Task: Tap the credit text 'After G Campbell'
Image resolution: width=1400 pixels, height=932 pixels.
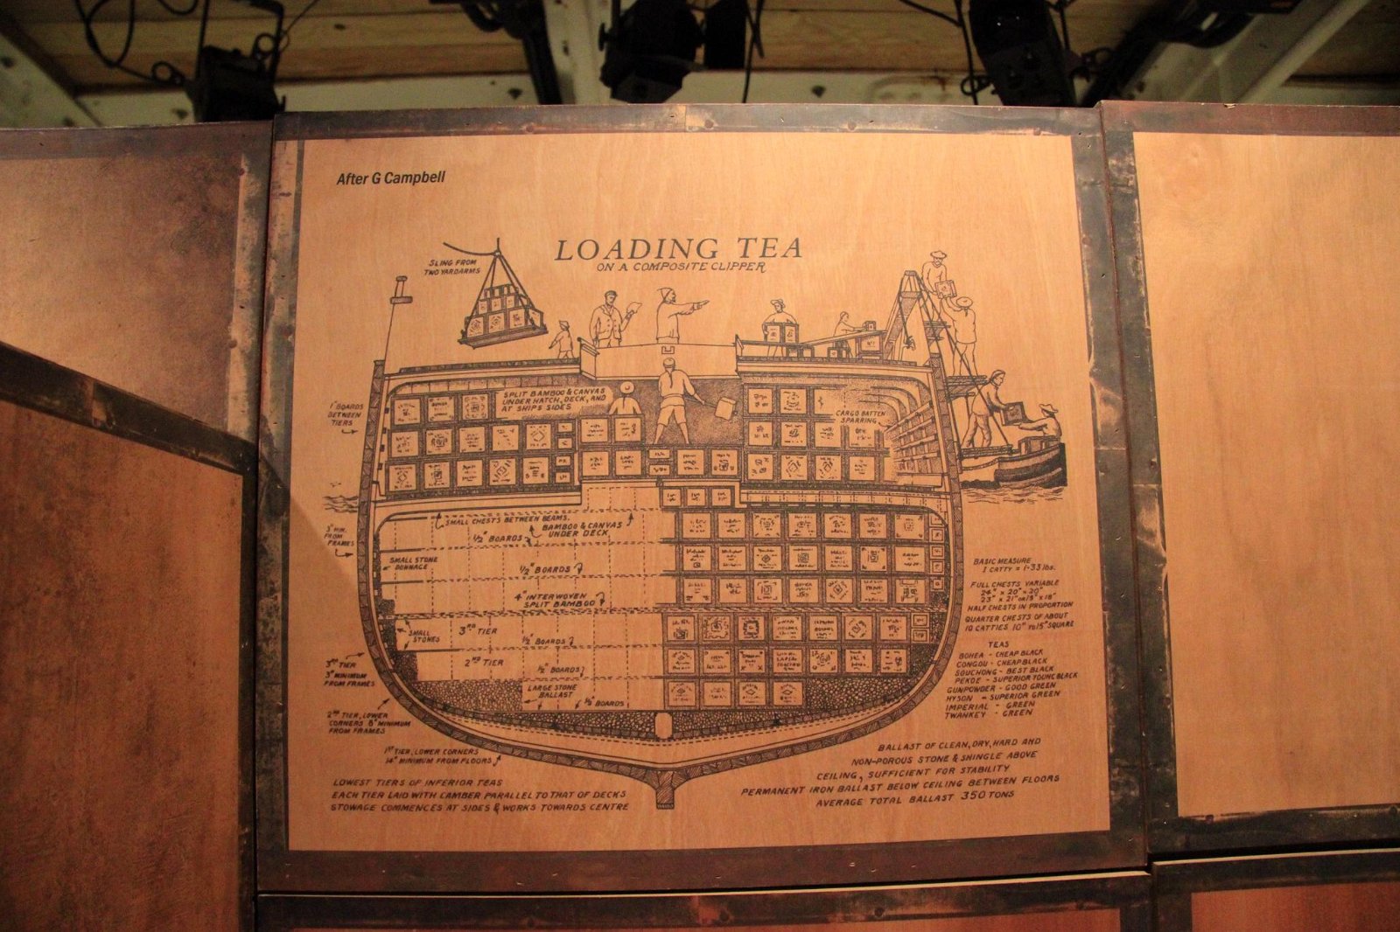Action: point(390,178)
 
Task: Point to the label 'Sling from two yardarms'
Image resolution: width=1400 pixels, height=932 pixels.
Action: point(453,268)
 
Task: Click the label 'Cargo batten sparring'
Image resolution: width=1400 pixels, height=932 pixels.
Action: point(857,416)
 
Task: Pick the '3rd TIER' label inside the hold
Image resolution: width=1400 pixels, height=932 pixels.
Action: point(478,629)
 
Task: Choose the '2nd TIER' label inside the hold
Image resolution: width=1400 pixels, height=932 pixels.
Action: point(483,662)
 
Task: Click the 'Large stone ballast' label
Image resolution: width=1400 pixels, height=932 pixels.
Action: point(551,690)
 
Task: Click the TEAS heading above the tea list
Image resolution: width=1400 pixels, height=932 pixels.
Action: point(997,644)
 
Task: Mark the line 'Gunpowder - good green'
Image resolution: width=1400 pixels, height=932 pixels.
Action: point(1002,688)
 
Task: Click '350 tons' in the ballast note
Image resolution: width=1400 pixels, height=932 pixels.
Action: point(987,797)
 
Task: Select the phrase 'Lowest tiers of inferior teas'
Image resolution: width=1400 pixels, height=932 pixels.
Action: point(417,782)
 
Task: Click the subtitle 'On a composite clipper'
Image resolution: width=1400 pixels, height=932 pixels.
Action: point(680,268)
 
